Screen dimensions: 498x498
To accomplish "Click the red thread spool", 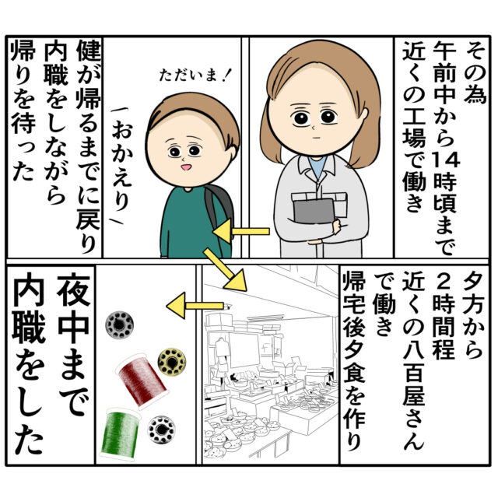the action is (142, 381).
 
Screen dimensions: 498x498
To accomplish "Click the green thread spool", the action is (120, 434).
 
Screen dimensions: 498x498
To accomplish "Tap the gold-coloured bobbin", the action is (172, 362).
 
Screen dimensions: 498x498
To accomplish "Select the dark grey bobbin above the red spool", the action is (119, 325).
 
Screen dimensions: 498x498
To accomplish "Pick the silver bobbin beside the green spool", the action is (161, 430).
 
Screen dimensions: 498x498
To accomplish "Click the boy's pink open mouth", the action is (185, 167).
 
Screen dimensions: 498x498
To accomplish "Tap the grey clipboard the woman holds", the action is (314, 211).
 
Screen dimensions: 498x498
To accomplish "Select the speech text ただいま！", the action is (194, 76).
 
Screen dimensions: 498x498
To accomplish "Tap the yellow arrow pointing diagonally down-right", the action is (225, 270).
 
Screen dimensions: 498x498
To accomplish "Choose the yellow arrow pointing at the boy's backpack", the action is (241, 231).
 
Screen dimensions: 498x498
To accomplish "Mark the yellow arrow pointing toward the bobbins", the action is (195, 306).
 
